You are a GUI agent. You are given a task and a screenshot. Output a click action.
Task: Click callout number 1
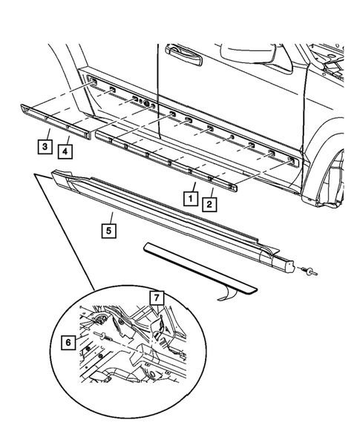(191, 199)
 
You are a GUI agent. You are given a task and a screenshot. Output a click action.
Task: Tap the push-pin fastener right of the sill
(306, 271)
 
